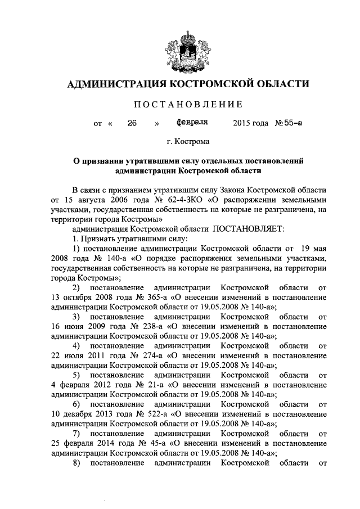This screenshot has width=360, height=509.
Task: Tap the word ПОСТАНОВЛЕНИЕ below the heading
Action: coord(188,104)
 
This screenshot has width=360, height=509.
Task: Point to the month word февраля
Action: coord(192,121)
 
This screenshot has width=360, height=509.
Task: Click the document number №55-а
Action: coord(287,121)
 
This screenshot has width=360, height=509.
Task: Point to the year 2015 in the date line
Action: coord(241,122)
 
